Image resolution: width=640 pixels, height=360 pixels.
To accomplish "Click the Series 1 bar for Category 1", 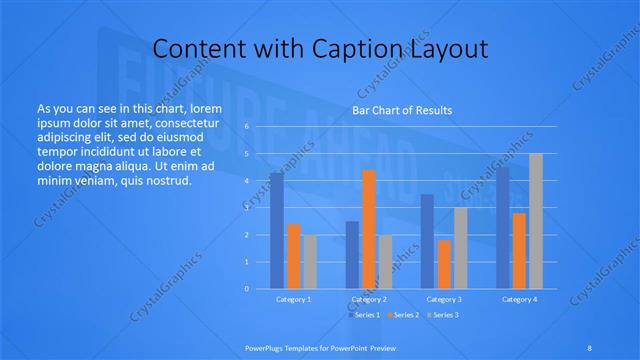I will coord(277,231).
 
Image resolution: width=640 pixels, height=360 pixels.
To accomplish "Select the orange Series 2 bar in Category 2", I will coord(369,229).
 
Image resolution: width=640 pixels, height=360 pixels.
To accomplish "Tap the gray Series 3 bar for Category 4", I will coord(536,221).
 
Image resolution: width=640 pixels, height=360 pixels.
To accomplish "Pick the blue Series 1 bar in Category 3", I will coord(427,241).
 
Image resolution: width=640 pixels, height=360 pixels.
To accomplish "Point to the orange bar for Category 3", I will coord(444,264).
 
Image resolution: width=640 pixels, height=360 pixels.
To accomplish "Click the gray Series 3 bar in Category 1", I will coord(310,262).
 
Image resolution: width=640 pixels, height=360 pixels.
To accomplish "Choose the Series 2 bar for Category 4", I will coord(520,251).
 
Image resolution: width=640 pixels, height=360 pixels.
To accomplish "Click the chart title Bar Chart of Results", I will coord(402,110).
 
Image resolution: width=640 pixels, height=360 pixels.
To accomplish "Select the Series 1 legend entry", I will coord(364,315).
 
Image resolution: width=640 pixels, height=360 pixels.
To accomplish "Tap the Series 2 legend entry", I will coord(403,315).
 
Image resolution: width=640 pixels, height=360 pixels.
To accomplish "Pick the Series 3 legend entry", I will coord(442,315).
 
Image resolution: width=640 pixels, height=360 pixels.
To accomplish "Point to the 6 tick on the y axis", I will coord(246,127).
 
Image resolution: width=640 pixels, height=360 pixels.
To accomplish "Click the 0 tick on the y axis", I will coord(246,288).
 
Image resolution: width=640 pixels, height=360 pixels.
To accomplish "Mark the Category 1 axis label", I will coord(293,299).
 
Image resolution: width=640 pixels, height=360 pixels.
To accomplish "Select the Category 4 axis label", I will coord(519,299).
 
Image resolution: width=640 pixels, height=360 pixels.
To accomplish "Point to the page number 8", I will coord(590,348).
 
